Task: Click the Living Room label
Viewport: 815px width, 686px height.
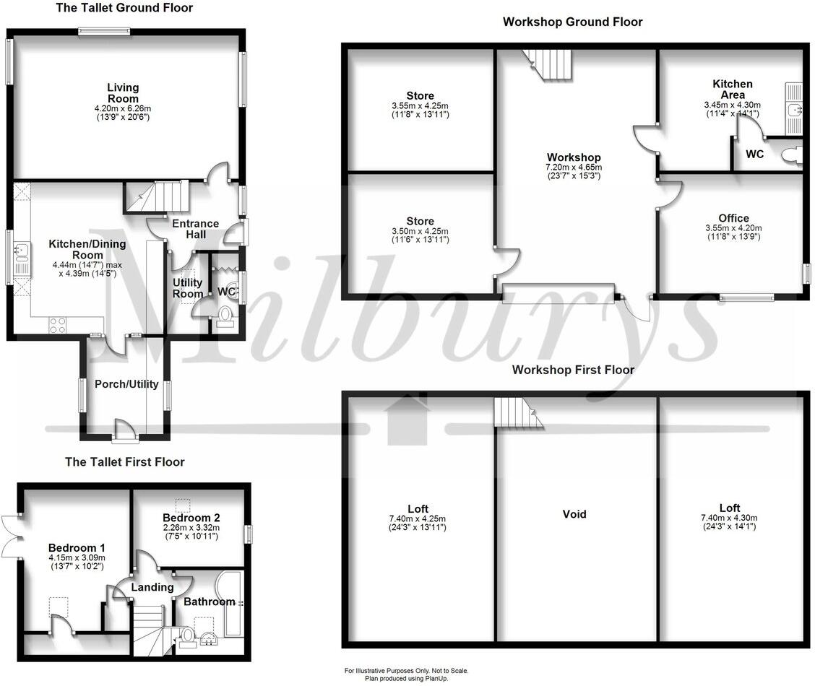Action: [x=123, y=93]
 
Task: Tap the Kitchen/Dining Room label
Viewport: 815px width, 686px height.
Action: [x=87, y=249]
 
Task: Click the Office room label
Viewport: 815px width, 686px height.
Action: [x=733, y=218]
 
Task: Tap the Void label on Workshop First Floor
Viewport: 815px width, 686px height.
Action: [x=574, y=514]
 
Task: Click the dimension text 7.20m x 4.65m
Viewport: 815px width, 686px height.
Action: [x=574, y=167]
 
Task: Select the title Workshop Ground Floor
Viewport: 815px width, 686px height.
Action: [x=572, y=22]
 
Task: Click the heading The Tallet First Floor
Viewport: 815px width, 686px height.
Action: [x=124, y=461]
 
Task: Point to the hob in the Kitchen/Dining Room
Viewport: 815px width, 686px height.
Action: [x=58, y=325]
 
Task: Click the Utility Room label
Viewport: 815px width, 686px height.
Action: [x=187, y=288]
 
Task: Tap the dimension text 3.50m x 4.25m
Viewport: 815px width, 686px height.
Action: [x=420, y=230]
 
